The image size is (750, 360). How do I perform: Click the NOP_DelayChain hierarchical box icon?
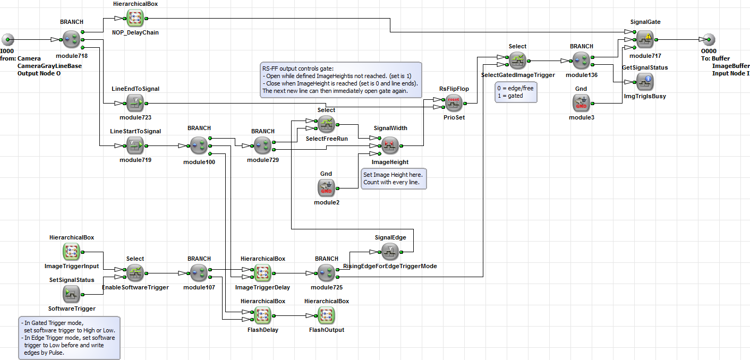click(x=135, y=19)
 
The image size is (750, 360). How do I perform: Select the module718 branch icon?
click(x=72, y=39)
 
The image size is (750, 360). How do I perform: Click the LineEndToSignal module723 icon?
click(x=135, y=103)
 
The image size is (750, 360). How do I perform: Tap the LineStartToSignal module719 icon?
click(x=135, y=145)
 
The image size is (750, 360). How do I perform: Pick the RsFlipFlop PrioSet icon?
click(x=454, y=103)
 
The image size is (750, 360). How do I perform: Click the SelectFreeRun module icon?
click(x=326, y=124)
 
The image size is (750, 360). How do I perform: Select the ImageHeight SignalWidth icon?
click(x=390, y=145)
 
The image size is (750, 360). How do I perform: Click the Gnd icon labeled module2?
click(x=326, y=188)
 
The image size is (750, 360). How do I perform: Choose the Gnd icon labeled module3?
click(x=581, y=103)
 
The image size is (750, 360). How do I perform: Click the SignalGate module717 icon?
click(x=645, y=39)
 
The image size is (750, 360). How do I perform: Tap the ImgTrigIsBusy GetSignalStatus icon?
click(x=645, y=82)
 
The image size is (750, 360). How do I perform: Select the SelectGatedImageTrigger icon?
click(x=517, y=61)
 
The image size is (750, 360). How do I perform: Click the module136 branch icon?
click(x=581, y=61)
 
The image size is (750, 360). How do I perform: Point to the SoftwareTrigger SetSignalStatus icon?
click(x=72, y=294)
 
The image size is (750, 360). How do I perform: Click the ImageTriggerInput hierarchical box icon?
click(x=72, y=252)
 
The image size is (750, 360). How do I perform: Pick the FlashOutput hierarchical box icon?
click(x=326, y=315)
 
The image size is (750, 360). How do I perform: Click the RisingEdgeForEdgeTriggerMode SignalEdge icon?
click(x=390, y=252)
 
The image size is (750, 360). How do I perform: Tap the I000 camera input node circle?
click(x=8, y=39)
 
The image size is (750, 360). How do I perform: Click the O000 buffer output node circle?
click(x=709, y=39)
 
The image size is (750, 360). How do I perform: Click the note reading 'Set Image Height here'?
click(x=394, y=178)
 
